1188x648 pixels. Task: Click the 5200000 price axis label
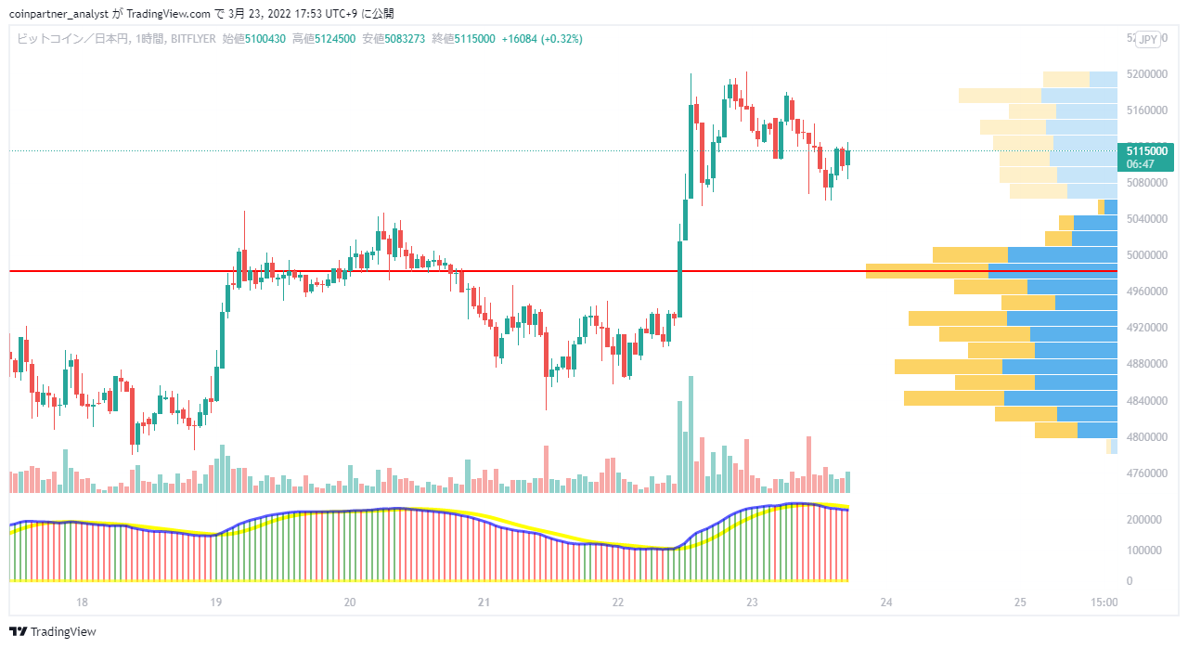click(1146, 73)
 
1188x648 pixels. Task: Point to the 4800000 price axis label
click(1146, 436)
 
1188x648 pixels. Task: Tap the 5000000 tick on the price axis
click(1146, 255)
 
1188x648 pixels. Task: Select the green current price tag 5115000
click(1145, 158)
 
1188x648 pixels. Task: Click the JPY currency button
click(1148, 39)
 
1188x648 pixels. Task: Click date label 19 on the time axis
click(215, 602)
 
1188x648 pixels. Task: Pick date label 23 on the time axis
click(752, 602)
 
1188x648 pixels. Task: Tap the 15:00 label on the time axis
click(1104, 602)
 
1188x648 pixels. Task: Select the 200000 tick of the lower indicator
click(1144, 520)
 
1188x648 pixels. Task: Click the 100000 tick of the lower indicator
click(1144, 551)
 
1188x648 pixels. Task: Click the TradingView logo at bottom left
click(53, 631)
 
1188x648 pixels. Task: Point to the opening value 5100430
click(265, 39)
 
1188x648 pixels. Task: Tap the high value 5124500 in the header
click(335, 39)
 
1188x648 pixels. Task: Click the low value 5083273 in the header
click(406, 39)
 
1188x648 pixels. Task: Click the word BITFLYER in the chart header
click(193, 39)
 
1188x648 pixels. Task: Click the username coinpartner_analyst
click(58, 14)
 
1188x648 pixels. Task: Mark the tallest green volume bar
click(691, 434)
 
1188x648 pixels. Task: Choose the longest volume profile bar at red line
click(992, 271)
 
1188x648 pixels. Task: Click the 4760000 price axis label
click(1146, 473)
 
